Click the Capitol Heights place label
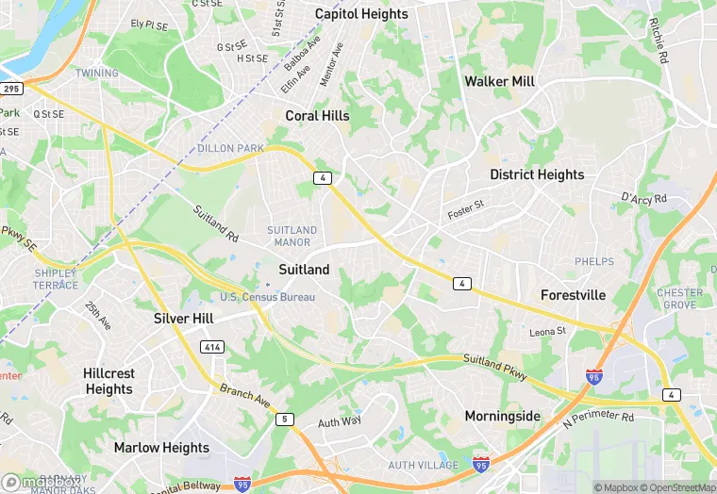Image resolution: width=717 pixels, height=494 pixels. [x=361, y=14]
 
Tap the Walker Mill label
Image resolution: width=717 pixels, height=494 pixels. [x=499, y=81]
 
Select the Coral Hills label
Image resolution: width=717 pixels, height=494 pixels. [x=317, y=116]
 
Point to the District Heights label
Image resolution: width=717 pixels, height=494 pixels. [x=537, y=174]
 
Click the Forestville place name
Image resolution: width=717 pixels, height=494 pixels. [x=573, y=295]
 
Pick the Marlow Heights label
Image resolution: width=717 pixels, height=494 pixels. [x=162, y=447]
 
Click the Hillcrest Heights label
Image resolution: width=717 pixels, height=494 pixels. [x=108, y=381]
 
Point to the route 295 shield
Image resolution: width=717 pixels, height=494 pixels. [x=11, y=89]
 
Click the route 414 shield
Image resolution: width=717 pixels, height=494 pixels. [x=211, y=348]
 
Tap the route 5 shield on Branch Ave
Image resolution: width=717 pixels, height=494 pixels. [x=284, y=419]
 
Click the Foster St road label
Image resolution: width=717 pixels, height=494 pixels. [x=465, y=208]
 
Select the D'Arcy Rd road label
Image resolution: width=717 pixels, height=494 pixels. [x=643, y=198]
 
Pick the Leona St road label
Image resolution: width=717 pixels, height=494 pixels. [x=547, y=332]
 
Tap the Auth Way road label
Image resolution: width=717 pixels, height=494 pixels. [x=339, y=421]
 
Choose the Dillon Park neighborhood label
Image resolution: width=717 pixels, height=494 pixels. [x=230, y=148]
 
